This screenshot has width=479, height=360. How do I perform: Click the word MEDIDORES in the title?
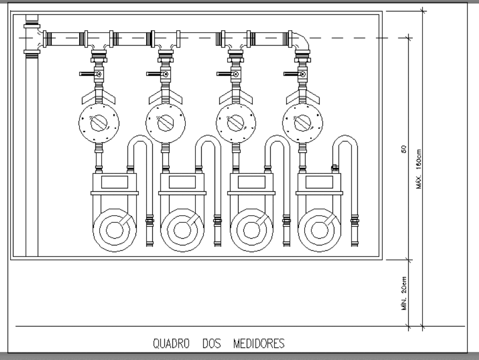(x=259, y=344)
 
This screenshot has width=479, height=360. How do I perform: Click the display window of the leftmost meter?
(x=114, y=182)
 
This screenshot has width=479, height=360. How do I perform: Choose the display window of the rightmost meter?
(x=319, y=182)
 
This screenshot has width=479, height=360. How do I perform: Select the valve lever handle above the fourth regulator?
(x=291, y=74)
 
